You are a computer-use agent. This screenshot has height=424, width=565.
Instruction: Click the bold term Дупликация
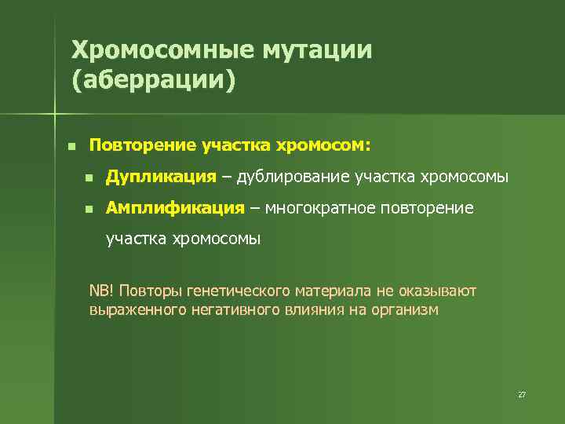pyautogui.click(x=161, y=177)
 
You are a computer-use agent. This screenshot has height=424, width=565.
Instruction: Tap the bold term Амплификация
pyautogui.click(x=176, y=208)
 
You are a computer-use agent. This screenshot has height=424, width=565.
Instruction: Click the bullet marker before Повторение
pyautogui.click(x=71, y=147)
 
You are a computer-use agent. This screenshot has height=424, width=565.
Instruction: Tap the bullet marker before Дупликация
pyautogui.click(x=89, y=179)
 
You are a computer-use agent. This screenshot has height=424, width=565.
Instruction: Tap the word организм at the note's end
pyautogui.click(x=407, y=309)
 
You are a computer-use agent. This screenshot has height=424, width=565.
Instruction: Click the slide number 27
pyautogui.click(x=522, y=394)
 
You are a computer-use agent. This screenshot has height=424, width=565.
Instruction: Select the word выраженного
pyautogui.click(x=137, y=309)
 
